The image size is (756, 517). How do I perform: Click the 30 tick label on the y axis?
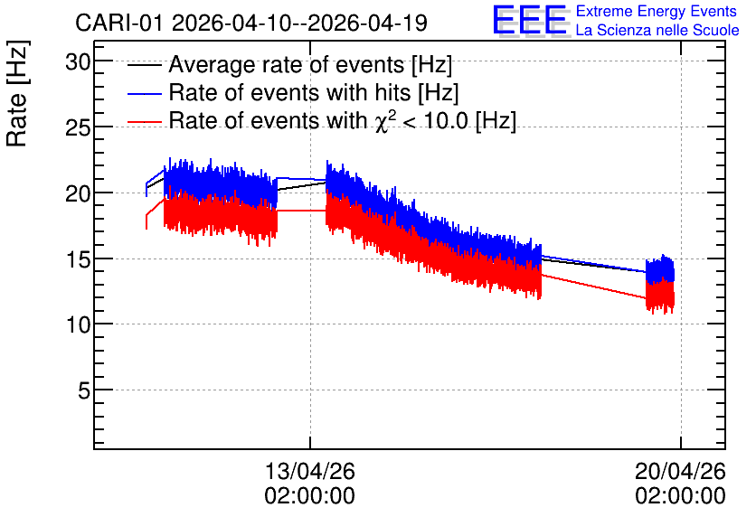(x=78, y=62)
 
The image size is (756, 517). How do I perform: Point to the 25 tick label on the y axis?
(x=78, y=128)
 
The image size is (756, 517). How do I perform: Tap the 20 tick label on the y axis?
(x=78, y=193)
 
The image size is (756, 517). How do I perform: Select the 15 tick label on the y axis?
(x=78, y=259)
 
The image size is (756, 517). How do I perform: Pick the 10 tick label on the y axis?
(x=78, y=325)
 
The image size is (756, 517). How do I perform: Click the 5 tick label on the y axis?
(x=84, y=390)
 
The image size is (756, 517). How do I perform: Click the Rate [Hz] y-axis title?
(x=17, y=93)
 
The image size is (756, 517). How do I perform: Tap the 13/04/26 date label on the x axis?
(x=310, y=471)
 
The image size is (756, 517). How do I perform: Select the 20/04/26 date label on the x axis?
(x=680, y=471)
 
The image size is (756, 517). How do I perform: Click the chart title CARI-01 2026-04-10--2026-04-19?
(x=251, y=23)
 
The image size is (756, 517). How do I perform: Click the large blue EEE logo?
(x=530, y=20)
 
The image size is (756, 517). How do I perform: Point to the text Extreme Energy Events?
(x=657, y=11)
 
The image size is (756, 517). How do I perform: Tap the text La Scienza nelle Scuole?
(x=657, y=30)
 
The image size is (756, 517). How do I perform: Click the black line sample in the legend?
(x=144, y=65)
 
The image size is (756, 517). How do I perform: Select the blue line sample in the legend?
(x=144, y=93)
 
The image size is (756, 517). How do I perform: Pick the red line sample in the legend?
(x=144, y=121)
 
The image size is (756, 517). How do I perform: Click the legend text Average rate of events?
(x=287, y=64)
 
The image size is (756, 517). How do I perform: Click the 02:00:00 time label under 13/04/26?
(x=310, y=495)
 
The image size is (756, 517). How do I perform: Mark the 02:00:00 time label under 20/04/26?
(x=680, y=495)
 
